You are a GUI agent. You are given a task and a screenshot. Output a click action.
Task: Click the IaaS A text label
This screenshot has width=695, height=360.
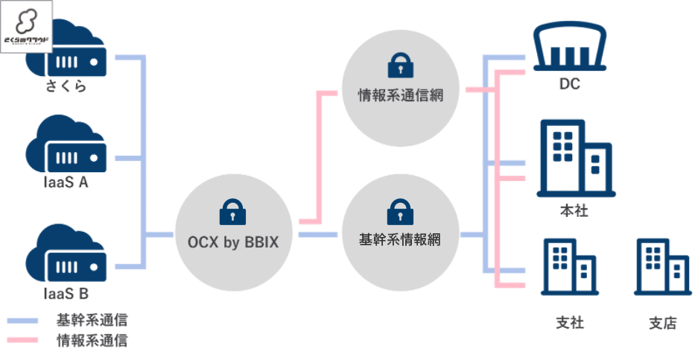(65, 182)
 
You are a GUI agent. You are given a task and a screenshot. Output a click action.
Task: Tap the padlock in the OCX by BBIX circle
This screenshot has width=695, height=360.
(232, 212)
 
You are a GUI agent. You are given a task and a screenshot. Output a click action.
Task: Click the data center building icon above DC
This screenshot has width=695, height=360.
(570, 47)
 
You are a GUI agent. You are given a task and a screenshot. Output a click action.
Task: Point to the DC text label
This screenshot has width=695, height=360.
(570, 84)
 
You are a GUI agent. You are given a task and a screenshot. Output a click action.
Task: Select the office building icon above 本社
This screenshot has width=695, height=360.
(573, 160)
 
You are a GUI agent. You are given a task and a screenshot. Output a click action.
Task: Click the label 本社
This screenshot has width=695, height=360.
(574, 211)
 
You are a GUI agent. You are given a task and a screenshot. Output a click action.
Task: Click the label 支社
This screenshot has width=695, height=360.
(570, 323)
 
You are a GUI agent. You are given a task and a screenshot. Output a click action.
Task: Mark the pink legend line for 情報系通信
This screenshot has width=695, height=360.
(23, 341)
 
